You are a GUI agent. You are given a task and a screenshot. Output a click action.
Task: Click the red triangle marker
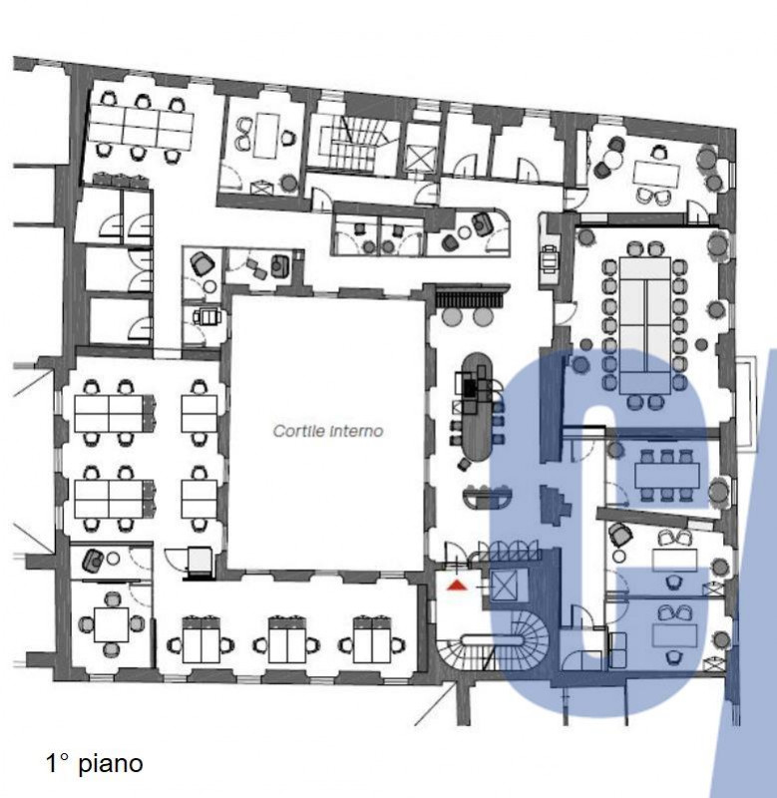coord(457,586)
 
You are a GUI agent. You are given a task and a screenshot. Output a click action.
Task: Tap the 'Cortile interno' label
coord(328,431)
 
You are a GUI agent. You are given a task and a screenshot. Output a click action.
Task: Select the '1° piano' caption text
coord(95,763)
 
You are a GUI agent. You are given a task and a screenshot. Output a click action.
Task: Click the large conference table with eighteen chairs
coord(644,326)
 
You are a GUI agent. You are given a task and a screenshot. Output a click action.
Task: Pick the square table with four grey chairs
coord(112,624)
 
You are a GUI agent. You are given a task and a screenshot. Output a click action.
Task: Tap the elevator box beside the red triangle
coord(503,586)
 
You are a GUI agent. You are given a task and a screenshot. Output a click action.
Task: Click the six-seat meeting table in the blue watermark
coord(667,476)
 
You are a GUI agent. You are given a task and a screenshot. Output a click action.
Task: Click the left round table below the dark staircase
coord(452,316)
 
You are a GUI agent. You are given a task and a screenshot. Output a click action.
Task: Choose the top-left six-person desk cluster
coord(141,129)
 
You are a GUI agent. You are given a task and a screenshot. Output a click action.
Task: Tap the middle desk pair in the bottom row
coord(286,643)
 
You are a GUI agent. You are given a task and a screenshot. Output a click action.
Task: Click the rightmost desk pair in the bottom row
coord(372,643)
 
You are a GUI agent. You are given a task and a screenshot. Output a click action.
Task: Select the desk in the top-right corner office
coord(656,174)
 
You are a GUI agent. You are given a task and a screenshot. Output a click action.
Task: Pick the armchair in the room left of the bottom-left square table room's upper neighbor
coord(93,560)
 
